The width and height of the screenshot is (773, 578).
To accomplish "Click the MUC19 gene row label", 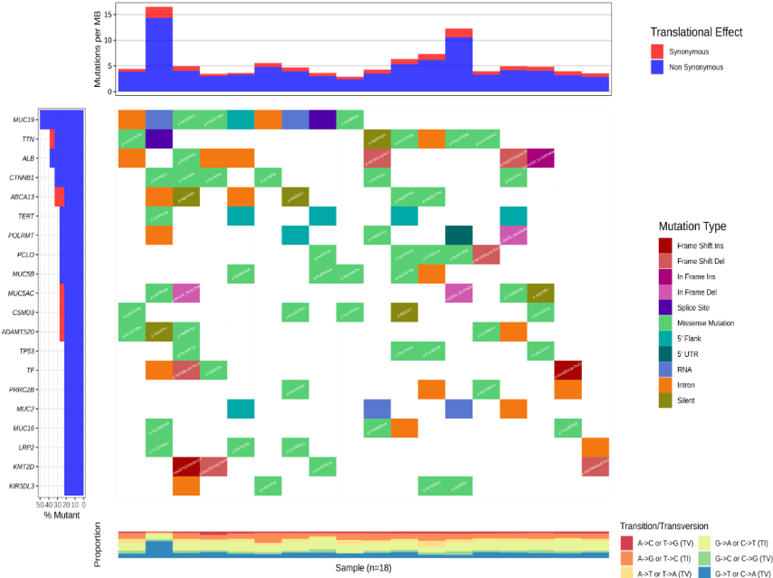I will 24,120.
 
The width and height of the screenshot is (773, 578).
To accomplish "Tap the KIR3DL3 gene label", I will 22,486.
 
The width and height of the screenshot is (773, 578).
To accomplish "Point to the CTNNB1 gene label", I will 22,178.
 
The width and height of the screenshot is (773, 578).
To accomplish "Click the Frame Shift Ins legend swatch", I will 665,245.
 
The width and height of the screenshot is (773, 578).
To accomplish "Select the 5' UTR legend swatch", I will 665,354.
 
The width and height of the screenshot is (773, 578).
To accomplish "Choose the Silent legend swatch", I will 665,400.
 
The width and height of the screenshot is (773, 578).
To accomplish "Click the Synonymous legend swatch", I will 658,52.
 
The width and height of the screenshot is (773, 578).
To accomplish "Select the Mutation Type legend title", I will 692,226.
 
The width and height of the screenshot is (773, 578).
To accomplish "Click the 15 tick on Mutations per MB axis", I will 109,14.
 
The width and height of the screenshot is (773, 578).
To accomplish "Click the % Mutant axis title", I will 62,515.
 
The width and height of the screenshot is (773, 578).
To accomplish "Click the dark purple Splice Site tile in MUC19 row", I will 322,120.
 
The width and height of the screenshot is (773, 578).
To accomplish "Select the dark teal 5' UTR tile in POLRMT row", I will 458,236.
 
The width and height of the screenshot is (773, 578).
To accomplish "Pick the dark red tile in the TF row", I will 568,371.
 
